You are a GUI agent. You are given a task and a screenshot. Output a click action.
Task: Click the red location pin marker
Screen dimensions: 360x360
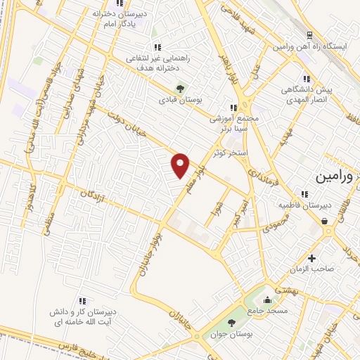(181, 165)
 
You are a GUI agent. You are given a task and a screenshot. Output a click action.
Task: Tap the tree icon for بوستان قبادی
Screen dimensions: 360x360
(181, 89)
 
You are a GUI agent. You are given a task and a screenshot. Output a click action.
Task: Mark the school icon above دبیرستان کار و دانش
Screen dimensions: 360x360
(82, 300)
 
